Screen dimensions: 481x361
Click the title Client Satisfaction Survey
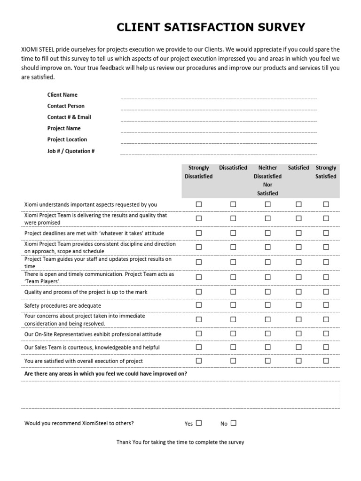pyautogui.click(x=211, y=27)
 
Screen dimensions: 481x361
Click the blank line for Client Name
pyautogui.click(x=219, y=96)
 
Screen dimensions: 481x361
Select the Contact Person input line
pyautogui.click(x=219, y=107)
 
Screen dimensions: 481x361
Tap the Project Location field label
pyautogui.click(x=67, y=140)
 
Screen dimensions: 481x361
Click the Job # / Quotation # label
pyautogui.click(x=71, y=151)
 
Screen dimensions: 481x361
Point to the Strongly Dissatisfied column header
pyautogui.click(x=198, y=172)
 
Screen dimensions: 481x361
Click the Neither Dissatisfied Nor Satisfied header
pyautogui.click(x=267, y=180)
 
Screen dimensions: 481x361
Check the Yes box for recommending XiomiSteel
pyautogui.click(x=199, y=423)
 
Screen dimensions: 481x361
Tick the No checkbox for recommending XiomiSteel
pyautogui.click(x=234, y=423)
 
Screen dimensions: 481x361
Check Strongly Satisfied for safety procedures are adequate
pyautogui.click(x=326, y=305)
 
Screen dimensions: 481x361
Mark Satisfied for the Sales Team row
pyautogui.click(x=298, y=347)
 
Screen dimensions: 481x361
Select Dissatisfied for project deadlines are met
pyautogui.click(x=233, y=233)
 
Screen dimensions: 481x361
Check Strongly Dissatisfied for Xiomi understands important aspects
pyautogui.click(x=199, y=204)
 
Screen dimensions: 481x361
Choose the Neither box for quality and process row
pyautogui.click(x=267, y=291)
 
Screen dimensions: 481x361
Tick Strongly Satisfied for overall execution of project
pyautogui.click(x=326, y=360)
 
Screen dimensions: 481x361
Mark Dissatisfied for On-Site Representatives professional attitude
pyautogui.click(x=233, y=334)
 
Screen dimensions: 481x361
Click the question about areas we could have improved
pyautogui.click(x=105, y=373)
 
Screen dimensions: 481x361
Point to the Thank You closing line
pyautogui.click(x=180, y=442)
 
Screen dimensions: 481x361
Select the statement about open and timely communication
pyautogui.click(x=99, y=278)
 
